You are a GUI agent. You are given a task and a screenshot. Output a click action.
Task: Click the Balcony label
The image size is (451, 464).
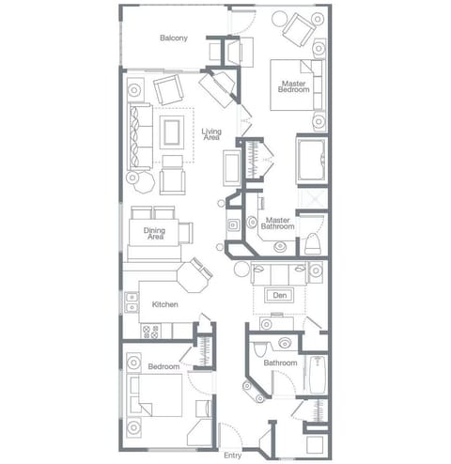(x=173, y=38)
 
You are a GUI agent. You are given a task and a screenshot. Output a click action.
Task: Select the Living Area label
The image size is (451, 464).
(x=212, y=134)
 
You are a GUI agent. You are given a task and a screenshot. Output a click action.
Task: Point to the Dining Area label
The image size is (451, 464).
(x=154, y=235)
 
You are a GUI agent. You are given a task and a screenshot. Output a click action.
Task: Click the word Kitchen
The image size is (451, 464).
(x=165, y=304)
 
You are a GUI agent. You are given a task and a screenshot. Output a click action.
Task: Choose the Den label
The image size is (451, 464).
(x=278, y=295)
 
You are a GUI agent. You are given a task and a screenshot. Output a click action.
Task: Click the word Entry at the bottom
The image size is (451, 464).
(x=232, y=455)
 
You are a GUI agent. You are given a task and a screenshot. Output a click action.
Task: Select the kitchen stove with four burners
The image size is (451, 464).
(x=151, y=331)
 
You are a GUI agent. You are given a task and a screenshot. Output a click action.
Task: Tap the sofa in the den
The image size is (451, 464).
(x=278, y=274)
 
